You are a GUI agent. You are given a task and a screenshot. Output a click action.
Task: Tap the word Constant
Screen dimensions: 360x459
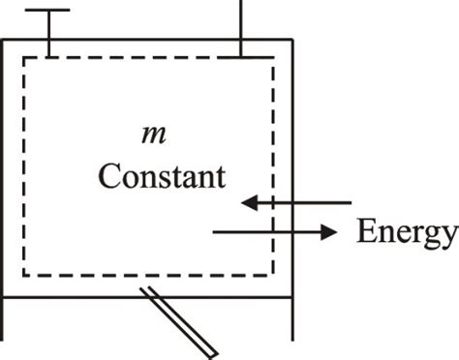pyautogui.click(x=162, y=178)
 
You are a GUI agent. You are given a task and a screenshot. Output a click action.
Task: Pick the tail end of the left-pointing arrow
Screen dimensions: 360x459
pyautogui.click(x=351, y=203)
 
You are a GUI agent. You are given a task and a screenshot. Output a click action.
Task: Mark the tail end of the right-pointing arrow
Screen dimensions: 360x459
pyautogui.click(x=213, y=232)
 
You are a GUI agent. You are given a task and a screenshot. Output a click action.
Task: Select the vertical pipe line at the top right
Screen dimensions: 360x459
pyautogui.click(x=242, y=27)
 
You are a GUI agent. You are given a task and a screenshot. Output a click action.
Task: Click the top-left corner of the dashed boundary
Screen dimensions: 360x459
pyautogui.click(x=23, y=58)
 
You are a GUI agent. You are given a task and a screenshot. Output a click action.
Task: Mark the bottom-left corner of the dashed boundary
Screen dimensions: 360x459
pyautogui.click(x=23, y=274)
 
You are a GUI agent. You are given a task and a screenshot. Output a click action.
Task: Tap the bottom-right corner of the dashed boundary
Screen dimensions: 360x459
pyautogui.click(x=272, y=274)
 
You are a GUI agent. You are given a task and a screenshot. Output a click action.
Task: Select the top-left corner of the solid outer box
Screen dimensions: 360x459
pyautogui.click(x=3, y=40)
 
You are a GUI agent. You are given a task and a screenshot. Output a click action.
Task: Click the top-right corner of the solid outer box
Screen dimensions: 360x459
pyautogui.click(x=291, y=40)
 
